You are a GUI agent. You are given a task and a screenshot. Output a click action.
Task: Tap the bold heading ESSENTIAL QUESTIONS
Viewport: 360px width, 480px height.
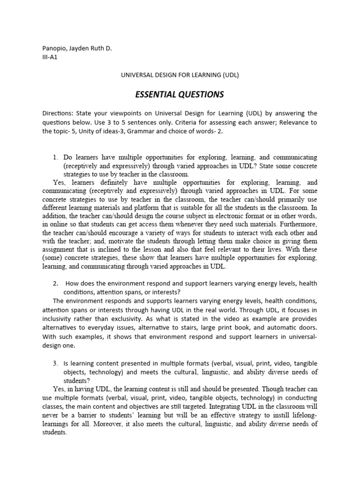tap(180, 95)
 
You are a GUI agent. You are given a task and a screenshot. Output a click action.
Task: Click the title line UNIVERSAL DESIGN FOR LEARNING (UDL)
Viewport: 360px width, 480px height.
tap(180, 75)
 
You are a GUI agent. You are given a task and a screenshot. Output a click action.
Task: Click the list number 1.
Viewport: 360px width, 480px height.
tap(56, 157)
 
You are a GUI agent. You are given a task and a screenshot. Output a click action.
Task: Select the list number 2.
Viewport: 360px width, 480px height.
tap(56, 284)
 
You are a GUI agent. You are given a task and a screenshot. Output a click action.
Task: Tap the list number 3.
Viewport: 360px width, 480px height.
tap(56, 363)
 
